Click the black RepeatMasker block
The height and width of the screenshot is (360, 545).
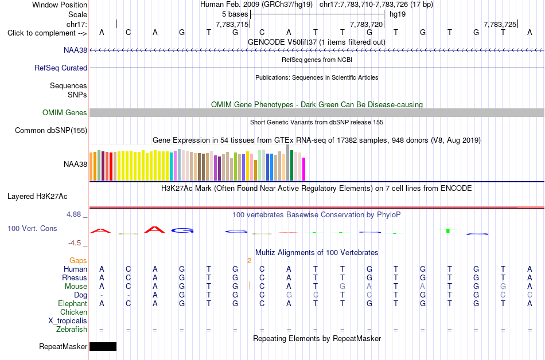pyautogui.click(x=103, y=346)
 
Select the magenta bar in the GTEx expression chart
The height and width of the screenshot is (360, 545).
pyautogui.click(x=304, y=169)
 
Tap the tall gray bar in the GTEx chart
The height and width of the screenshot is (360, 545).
pyautogui.click(x=288, y=162)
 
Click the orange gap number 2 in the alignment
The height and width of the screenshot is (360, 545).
pyautogui.click(x=249, y=261)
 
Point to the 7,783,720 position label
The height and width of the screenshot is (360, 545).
pyautogui.click(x=366, y=24)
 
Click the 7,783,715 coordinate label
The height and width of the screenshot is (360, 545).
pyautogui.click(x=232, y=24)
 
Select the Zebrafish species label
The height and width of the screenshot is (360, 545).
pyautogui.click(x=72, y=329)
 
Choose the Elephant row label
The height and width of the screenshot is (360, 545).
pyautogui.click(x=73, y=303)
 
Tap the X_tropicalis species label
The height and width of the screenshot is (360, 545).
pyautogui.click(x=68, y=321)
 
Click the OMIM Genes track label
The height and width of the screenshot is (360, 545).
pyautogui.click(x=65, y=112)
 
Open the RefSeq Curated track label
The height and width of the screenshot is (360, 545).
pyautogui.click(x=61, y=68)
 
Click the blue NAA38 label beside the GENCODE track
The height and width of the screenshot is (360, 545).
pyautogui.click(x=75, y=50)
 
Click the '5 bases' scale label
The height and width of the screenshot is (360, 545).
pyautogui.click(x=235, y=14)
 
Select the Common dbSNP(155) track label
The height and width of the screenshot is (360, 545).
pyautogui.click(x=51, y=131)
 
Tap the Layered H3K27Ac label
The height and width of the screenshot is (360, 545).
pyautogui.click(x=37, y=197)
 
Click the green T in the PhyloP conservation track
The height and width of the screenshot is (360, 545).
pyautogui.click(x=448, y=230)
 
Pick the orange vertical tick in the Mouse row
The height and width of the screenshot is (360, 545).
pyautogui.click(x=250, y=285)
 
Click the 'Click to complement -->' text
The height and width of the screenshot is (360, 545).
pyautogui.click(x=47, y=33)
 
